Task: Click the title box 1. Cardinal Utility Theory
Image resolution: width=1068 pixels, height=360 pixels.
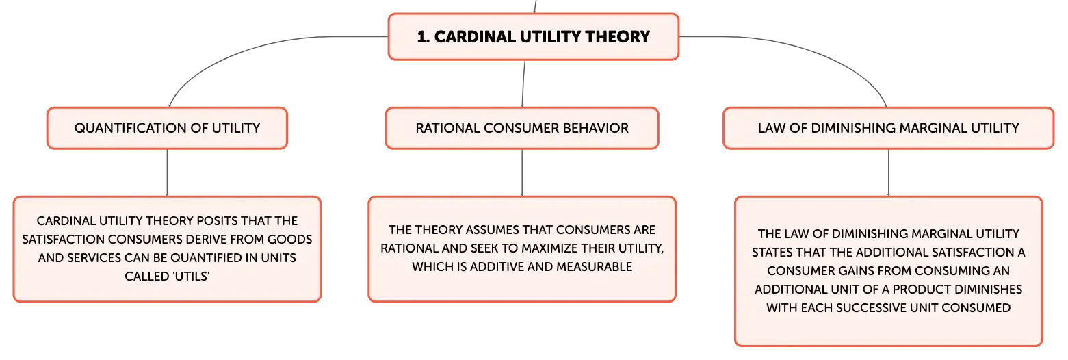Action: pyautogui.click(x=534, y=37)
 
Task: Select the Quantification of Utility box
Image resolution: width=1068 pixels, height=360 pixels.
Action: pyautogui.click(x=168, y=128)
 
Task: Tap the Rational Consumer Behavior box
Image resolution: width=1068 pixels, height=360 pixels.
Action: pyautogui.click(x=522, y=128)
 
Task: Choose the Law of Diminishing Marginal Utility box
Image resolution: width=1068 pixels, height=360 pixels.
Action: pyautogui.click(x=888, y=128)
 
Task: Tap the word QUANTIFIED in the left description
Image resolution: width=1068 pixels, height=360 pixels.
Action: pyautogui.click(x=206, y=257)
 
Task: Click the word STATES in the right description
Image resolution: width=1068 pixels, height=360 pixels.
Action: pyautogui.click(x=772, y=253)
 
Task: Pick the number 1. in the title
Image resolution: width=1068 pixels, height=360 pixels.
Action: pyautogui.click(x=424, y=37)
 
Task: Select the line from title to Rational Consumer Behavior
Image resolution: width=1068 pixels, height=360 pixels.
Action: pyautogui.click(x=523, y=83)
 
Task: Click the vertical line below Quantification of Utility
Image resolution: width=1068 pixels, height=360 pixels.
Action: pyautogui.click(x=168, y=172)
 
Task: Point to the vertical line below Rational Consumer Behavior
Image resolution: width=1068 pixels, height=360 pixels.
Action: pyautogui.click(x=522, y=172)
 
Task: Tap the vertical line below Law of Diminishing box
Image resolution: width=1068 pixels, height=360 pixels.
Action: pyautogui.click(x=888, y=172)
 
